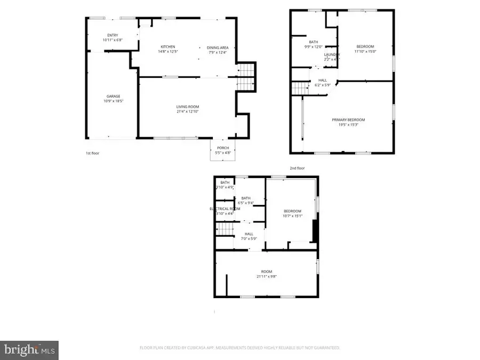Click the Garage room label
[x=113, y=96]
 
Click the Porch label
[x=223, y=148]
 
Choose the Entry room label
[x=113, y=35]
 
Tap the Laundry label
[x=332, y=54]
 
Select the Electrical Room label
[x=222, y=209]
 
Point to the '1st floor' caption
[x=92, y=153]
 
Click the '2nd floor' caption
[x=297, y=168]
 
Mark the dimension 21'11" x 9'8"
[x=266, y=276]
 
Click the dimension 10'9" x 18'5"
[x=113, y=101]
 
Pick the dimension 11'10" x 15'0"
[x=365, y=52]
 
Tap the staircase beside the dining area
[x=246, y=77]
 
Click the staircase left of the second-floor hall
[x=301, y=89]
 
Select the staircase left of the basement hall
[x=225, y=229]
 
